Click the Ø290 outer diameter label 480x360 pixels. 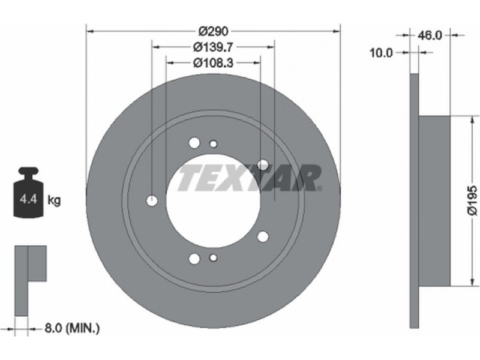(x=214, y=31)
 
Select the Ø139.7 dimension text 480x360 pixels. (x=214, y=47)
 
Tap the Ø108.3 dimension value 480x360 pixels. (x=214, y=63)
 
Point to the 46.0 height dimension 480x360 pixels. (x=430, y=35)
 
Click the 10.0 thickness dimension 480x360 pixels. (x=381, y=53)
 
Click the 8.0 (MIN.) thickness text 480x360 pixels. (x=72, y=329)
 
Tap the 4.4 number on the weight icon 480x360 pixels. (x=28, y=199)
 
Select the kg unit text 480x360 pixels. (x=54, y=201)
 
